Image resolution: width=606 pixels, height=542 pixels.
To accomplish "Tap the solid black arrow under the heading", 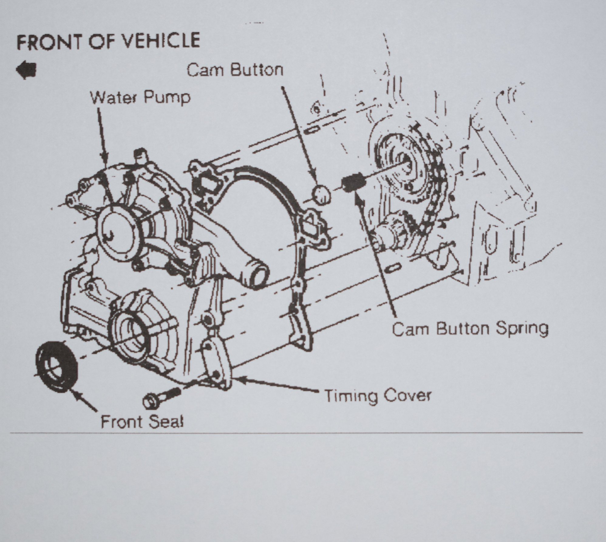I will tap(26, 70).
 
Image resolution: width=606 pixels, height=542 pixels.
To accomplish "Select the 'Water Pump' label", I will tap(141, 98).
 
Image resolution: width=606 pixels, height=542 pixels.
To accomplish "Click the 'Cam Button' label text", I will tap(235, 70).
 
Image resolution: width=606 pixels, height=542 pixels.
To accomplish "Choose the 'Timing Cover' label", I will tap(378, 395).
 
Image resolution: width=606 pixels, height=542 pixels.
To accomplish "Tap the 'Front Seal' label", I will tap(142, 422).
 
